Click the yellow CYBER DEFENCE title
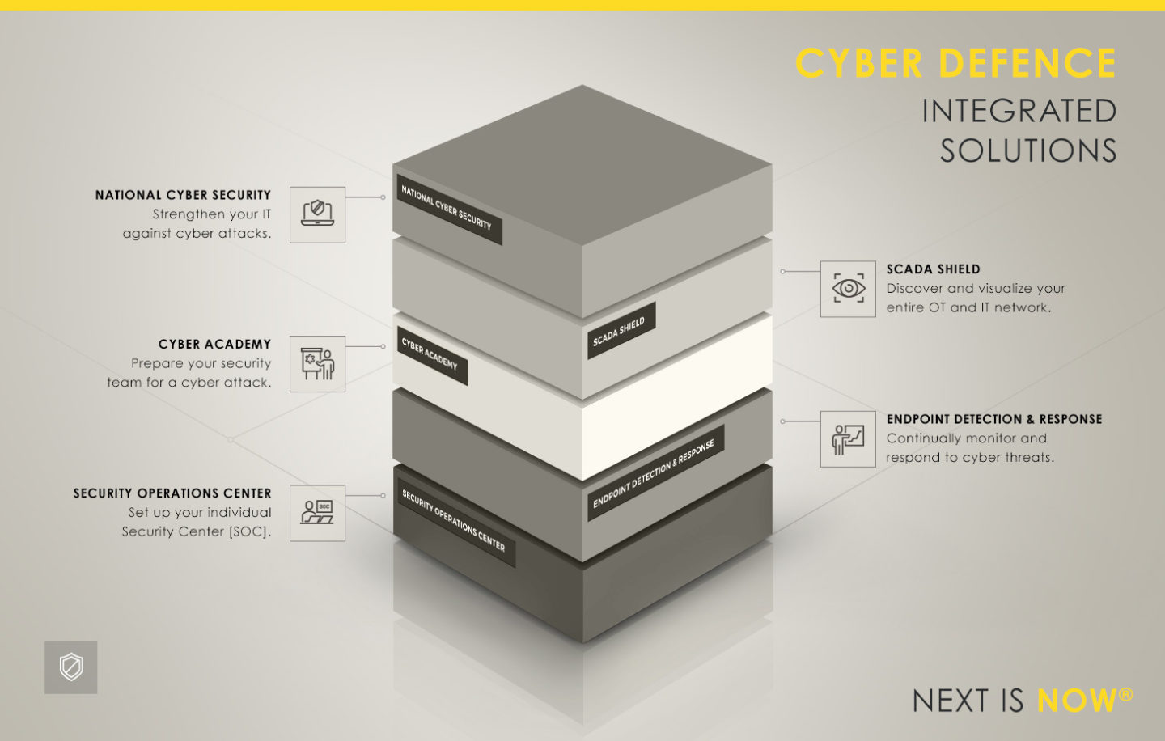pos(955,64)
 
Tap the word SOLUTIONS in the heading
pos(1027,151)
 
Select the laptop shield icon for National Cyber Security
pos(317,214)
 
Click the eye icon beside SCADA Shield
pos(848,289)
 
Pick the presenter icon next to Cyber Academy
pos(317,364)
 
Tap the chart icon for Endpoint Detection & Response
pos(848,439)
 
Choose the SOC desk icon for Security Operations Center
pos(317,513)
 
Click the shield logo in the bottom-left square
pos(71,667)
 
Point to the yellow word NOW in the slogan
pos(1076,701)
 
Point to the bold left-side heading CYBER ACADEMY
pos(214,345)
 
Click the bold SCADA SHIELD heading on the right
pos(933,269)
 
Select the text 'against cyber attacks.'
pos(197,234)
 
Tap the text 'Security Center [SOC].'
pos(197,531)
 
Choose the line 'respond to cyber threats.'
pos(970,458)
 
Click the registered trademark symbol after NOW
pos(1126,694)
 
